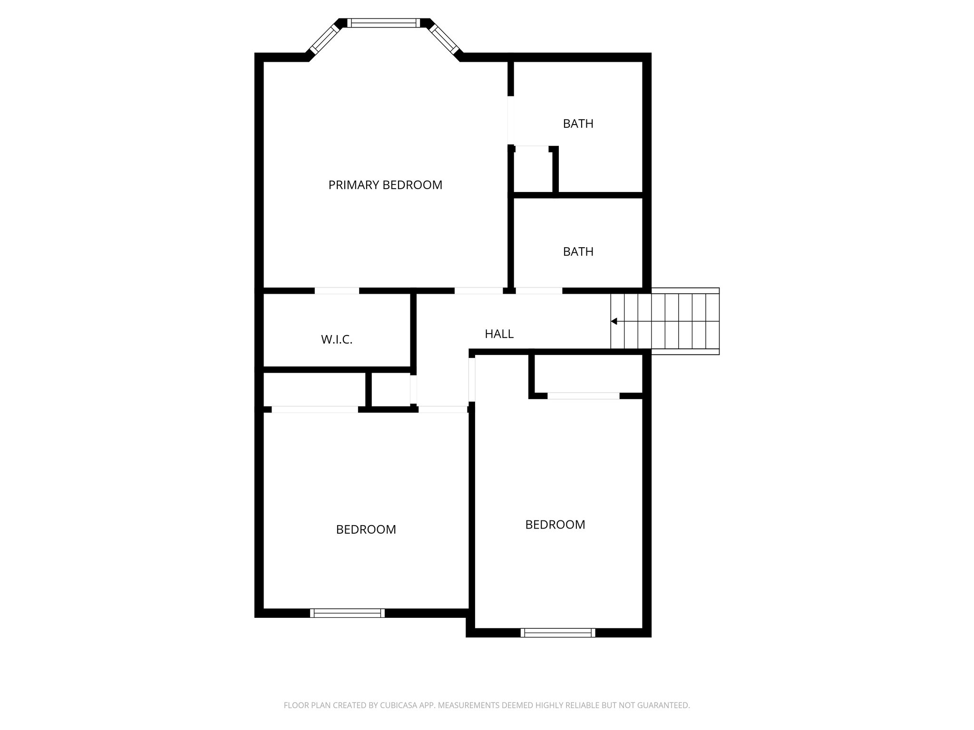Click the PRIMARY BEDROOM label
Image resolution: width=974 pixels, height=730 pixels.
point(385,185)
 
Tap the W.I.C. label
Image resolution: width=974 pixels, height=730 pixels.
point(337,340)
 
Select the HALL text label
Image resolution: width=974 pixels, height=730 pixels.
point(499,334)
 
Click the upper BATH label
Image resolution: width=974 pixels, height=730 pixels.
point(578,124)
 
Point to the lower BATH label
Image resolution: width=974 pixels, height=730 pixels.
point(578,252)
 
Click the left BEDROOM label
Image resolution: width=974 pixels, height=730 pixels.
point(366,529)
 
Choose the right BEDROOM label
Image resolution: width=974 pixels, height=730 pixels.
point(555,525)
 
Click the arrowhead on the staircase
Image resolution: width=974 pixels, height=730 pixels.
point(614,321)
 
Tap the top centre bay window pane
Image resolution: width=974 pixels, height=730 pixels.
point(383,23)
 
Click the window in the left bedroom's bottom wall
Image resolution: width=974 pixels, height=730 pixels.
point(347,613)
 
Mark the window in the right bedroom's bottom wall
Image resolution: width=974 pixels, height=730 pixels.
point(558,633)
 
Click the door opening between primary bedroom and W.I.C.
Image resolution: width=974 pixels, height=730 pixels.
point(337,291)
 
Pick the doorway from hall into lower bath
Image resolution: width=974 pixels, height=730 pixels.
point(539,291)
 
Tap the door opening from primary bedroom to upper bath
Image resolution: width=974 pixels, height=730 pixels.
point(511,120)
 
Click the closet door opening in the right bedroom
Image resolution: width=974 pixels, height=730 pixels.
point(583,396)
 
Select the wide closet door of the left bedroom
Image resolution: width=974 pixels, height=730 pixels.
point(314,410)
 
